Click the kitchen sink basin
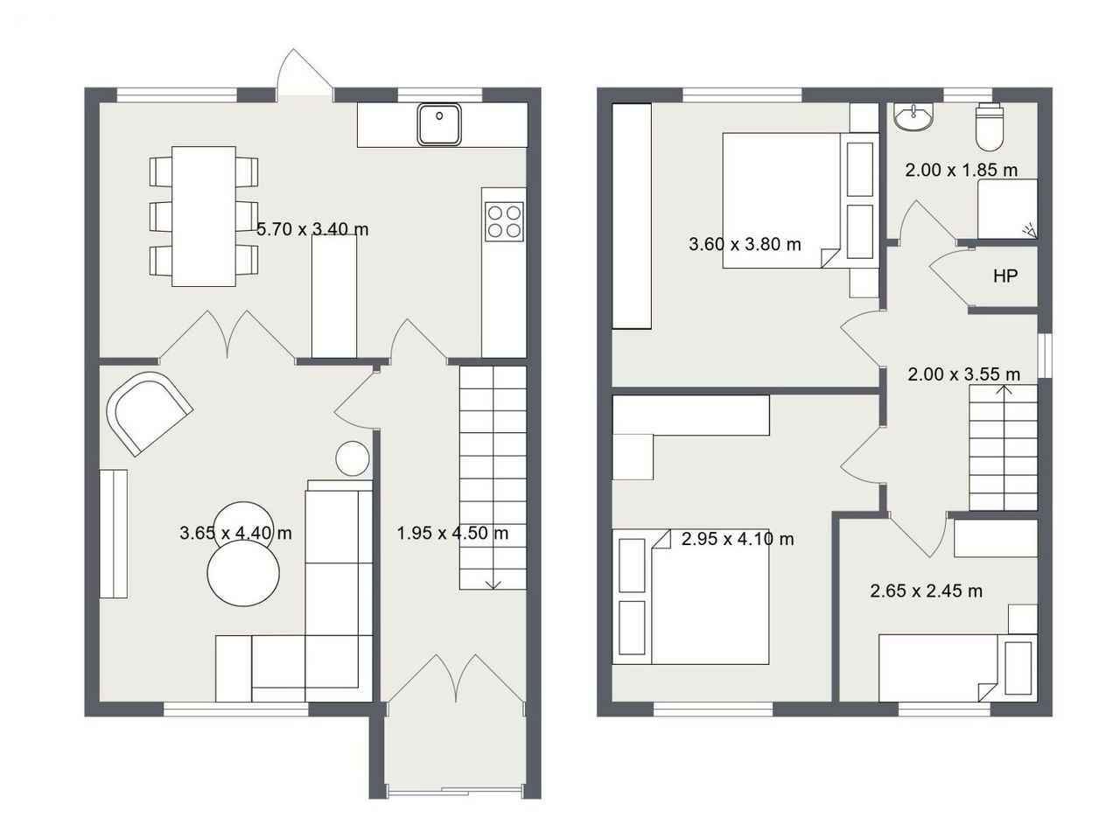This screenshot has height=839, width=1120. [439, 124]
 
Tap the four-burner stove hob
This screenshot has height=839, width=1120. [504, 221]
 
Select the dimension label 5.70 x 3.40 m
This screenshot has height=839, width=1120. [312, 229]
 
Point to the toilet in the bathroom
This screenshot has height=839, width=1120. [990, 127]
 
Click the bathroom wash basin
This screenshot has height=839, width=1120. [913, 117]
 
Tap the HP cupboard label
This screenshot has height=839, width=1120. [1005, 276]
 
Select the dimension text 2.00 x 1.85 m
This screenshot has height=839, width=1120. [962, 170]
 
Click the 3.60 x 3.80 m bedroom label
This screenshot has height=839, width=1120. [745, 244]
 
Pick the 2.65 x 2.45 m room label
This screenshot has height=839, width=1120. [926, 591]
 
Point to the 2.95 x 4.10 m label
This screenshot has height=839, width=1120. [738, 539]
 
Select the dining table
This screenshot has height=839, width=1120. [204, 216]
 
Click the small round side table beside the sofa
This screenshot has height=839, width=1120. [352, 458]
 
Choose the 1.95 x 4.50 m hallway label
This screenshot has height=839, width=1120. [452, 533]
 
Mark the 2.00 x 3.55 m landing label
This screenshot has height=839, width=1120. [964, 374]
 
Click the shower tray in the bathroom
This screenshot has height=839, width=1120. [1008, 208]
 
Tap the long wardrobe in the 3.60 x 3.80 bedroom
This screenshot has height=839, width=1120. [632, 216]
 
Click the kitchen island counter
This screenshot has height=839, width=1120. [334, 297]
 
